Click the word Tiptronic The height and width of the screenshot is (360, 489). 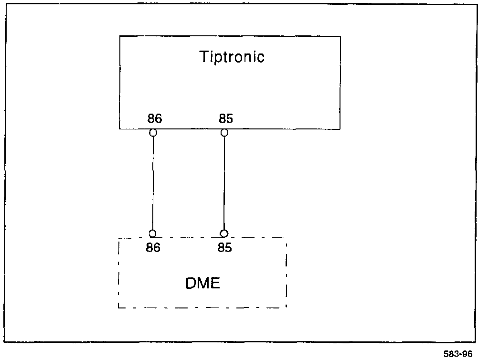tap(231, 57)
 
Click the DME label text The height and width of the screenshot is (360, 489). tap(202, 283)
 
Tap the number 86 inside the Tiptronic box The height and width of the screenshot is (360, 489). tap(154, 119)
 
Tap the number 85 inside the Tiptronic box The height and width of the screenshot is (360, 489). tap(225, 119)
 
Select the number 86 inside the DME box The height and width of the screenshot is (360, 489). tap(154, 248)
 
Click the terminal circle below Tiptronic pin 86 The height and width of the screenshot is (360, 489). tap(153, 133)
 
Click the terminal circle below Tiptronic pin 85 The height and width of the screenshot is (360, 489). tap(224, 133)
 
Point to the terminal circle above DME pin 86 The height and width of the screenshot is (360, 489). tap(153, 233)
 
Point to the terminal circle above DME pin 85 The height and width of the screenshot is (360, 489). tap(224, 233)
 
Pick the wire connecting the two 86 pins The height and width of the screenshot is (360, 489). tap(153, 183)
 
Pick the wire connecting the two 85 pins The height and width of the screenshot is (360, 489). tap(224, 183)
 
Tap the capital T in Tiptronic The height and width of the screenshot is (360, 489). tap(203, 57)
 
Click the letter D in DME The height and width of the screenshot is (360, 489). tap(191, 283)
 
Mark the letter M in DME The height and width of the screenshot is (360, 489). tap(202, 283)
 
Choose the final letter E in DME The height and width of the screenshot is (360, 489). tap(215, 283)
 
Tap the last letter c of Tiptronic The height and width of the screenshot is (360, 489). tap(260, 58)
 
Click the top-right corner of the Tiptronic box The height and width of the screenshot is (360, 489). tap(340, 36)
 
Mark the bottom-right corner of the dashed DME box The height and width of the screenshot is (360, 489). tap(287, 307)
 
